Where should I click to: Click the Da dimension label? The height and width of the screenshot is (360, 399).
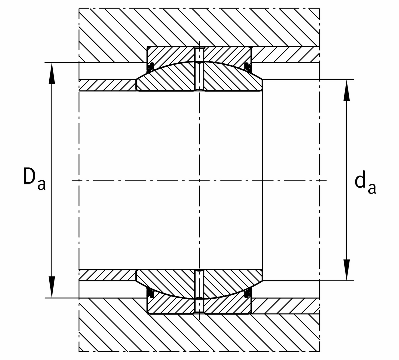pos(34,179)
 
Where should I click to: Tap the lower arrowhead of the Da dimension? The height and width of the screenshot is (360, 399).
pos(52,287)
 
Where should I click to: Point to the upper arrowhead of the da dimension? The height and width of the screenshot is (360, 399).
pos(347,90)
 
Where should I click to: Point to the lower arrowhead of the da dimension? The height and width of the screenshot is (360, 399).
pos(347,270)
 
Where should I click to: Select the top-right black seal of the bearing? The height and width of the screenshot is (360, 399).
pos(248,67)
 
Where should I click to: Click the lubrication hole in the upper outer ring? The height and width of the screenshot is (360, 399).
pos(199,55)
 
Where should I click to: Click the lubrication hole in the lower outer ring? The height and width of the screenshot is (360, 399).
pos(199,306)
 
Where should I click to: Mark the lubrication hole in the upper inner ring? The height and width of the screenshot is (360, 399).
pos(199,77)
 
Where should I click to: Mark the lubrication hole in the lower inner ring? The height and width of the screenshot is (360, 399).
pos(199,284)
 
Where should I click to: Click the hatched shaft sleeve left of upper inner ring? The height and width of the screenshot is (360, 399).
pos(107,86)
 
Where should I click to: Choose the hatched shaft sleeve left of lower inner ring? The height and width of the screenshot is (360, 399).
pos(107,275)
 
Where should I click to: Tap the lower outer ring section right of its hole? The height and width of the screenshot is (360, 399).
pos(228,306)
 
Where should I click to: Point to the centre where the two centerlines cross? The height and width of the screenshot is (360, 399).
pos(199,180)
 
